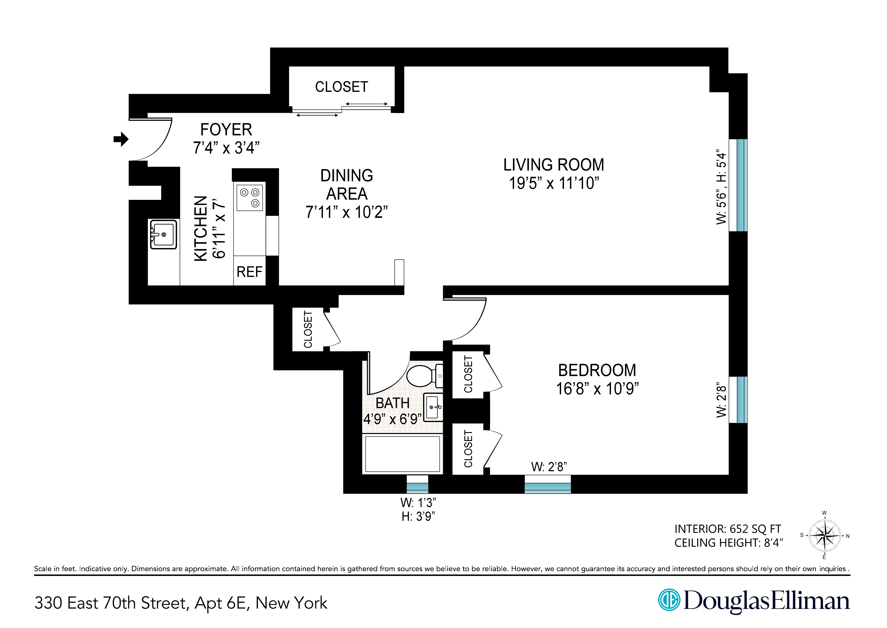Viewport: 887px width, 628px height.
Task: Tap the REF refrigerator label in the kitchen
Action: tap(249, 272)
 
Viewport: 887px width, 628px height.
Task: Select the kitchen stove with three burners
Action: tap(250, 198)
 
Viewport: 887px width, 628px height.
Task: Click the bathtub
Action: tap(402, 454)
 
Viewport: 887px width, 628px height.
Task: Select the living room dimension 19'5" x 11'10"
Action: tap(554, 183)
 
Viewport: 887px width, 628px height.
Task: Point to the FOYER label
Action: tap(226, 129)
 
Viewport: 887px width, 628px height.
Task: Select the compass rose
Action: tap(824, 536)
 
